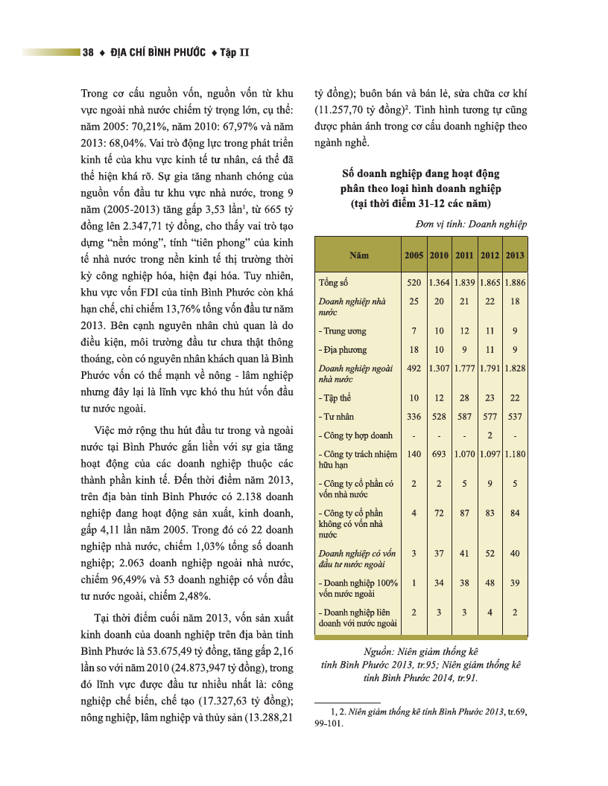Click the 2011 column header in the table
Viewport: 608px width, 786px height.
(x=464, y=255)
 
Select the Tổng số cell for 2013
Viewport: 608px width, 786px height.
(x=515, y=283)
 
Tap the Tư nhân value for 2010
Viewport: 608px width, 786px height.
(x=440, y=417)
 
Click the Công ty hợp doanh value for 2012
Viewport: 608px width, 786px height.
(x=490, y=435)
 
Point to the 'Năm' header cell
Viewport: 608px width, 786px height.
(x=358, y=255)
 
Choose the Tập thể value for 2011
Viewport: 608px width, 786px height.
(x=464, y=398)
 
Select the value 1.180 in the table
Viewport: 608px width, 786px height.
(x=515, y=454)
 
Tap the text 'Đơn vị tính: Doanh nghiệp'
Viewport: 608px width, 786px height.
(x=470, y=223)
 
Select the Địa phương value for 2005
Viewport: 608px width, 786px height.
(x=414, y=350)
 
